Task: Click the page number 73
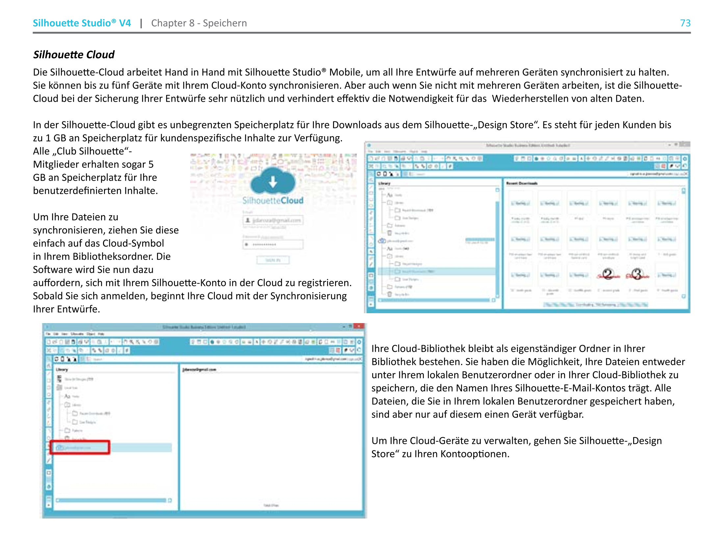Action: coord(685,23)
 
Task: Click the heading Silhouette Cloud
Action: coord(74,55)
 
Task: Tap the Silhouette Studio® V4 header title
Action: coord(82,23)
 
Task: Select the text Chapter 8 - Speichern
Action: coord(198,23)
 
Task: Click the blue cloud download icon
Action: coord(272,182)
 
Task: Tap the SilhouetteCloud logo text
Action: coord(272,200)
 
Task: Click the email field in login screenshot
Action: coord(273,220)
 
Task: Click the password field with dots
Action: coord(273,244)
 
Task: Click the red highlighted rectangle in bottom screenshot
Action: coord(80,447)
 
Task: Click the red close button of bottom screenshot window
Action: coord(359,326)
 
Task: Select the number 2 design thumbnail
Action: coord(608,274)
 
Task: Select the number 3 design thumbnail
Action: coord(637,274)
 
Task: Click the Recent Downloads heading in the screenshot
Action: coord(522,183)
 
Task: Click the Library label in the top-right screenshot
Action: coord(384,183)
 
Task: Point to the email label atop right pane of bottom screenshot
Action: coord(199,369)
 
